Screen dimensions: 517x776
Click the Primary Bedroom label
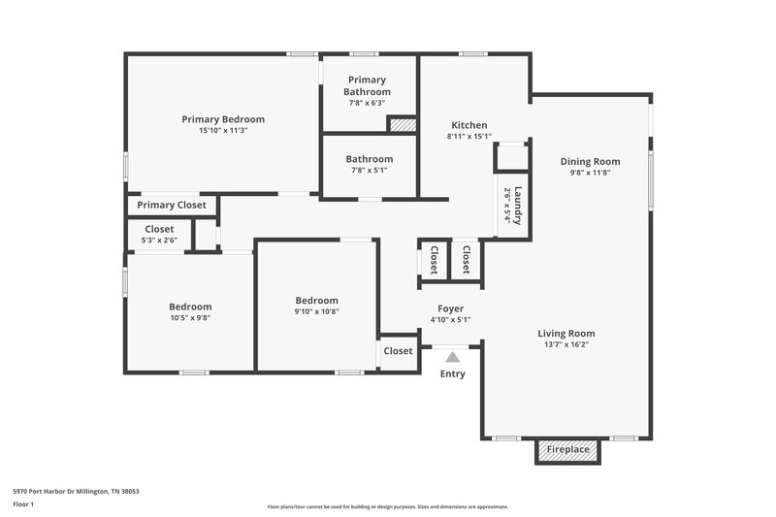click(x=223, y=119)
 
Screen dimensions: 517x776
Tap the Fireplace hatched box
click(x=568, y=450)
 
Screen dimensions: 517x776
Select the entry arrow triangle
click(x=452, y=357)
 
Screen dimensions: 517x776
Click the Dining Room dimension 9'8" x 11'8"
click(x=590, y=173)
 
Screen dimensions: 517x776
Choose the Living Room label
click(x=566, y=333)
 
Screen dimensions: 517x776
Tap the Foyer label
click(x=449, y=307)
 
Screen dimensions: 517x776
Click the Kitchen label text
click(x=469, y=125)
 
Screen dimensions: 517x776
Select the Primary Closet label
click(x=171, y=205)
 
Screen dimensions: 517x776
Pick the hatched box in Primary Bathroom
click(x=402, y=124)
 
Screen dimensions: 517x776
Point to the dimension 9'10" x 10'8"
click(x=316, y=311)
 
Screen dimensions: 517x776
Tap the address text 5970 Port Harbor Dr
click(x=76, y=491)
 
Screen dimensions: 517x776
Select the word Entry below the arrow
click(x=452, y=373)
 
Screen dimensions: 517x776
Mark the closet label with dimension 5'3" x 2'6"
click(x=159, y=229)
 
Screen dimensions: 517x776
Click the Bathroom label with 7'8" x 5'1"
click(x=370, y=159)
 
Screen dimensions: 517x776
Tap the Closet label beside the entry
click(x=398, y=351)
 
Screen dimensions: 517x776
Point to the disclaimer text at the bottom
click(x=388, y=506)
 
